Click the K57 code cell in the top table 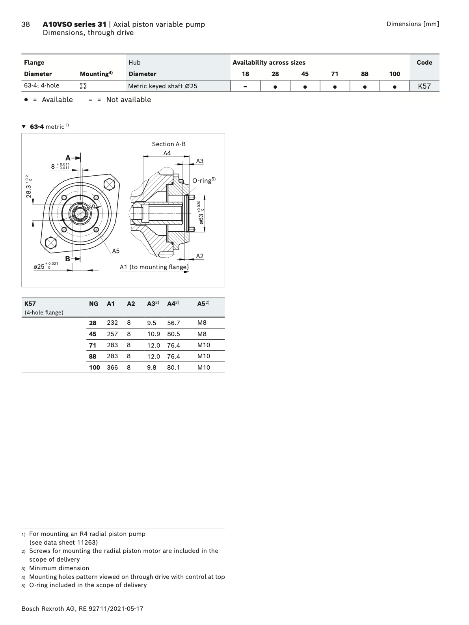point(424,86)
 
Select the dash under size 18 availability point(245,87)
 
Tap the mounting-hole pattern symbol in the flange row point(83,86)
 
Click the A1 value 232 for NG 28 point(112,323)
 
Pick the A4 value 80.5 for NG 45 point(173,334)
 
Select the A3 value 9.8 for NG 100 point(151,367)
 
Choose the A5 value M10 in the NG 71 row point(204,345)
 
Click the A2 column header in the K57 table point(131,304)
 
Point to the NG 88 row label point(93,356)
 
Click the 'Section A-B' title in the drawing point(169,144)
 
